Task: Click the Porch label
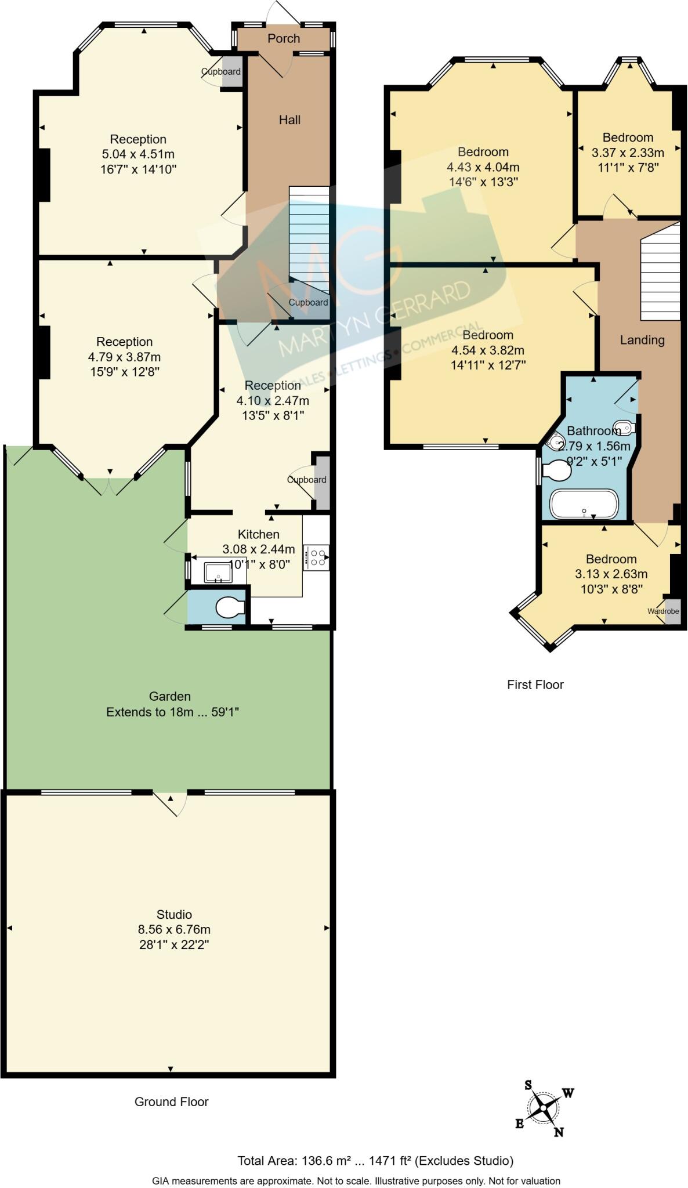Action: (284, 38)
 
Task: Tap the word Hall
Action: (289, 119)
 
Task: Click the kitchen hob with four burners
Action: (317, 557)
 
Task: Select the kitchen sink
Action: (218, 572)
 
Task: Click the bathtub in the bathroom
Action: (584, 504)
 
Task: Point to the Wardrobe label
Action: (662, 611)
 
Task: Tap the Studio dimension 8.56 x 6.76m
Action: (174, 929)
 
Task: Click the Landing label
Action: (642, 340)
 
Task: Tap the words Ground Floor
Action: (171, 1102)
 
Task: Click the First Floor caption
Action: (535, 684)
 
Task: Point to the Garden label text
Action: (169, 696)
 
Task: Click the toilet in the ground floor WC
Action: (230, 608)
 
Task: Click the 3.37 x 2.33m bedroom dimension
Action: (628, 153)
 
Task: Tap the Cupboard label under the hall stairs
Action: (308, 302)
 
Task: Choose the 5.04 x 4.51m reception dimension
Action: (138, 154)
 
